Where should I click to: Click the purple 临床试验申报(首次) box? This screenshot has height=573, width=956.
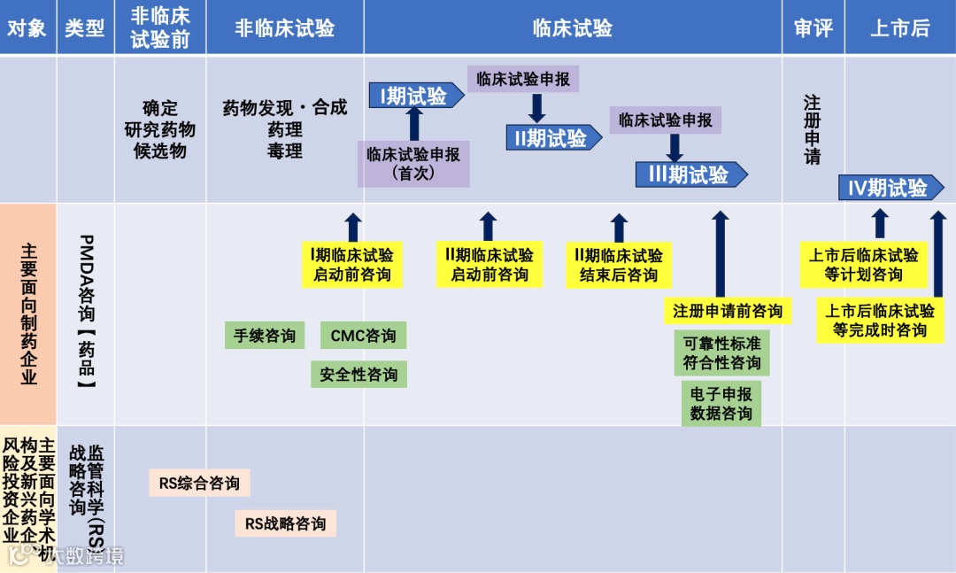[413, 164]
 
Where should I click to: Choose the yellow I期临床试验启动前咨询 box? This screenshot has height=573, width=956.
[352, 265]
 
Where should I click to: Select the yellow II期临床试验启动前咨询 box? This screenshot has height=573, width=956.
[490, 265]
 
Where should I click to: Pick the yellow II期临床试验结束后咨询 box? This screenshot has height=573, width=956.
[619, 265]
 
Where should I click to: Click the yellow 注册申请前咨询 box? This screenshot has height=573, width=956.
[728, 311]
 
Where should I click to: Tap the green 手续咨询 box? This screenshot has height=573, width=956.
[265, 336]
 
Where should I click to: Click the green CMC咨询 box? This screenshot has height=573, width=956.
[363, 336]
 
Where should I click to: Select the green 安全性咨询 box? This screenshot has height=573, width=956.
[358, 375]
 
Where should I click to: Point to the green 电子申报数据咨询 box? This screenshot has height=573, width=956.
[721, 403]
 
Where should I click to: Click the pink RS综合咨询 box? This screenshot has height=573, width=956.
[199, 484]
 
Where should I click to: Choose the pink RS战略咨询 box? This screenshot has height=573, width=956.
[285, 523]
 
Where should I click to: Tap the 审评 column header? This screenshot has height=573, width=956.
[813, 27]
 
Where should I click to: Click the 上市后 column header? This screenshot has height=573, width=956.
[899, 27]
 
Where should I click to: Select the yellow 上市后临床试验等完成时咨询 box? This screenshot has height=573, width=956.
[880, 321]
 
